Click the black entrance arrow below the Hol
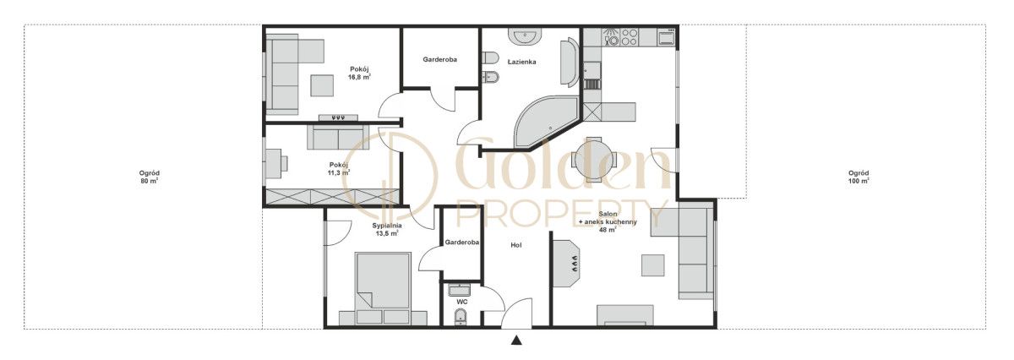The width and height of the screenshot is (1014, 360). [516, 340]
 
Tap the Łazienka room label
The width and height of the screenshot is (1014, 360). [521, 62]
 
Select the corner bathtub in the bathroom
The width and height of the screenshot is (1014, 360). [546, 123]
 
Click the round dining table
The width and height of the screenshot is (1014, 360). [593, 160]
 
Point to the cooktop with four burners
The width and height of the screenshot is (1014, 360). [628, 36]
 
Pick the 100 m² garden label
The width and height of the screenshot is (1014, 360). [859, 177]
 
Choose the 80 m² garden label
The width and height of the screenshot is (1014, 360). [150, 177]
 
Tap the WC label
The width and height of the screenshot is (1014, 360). [462, 302]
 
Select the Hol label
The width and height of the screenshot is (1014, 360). [516, 245]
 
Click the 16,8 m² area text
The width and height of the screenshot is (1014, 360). [359, 77]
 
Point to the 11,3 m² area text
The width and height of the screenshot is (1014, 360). [339, 172]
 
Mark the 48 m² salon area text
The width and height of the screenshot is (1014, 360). [608, 230]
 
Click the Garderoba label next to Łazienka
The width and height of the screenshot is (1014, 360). [440, 59]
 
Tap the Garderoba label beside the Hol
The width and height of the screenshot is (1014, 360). [461, 243]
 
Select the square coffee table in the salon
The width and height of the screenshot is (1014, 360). [652, 265]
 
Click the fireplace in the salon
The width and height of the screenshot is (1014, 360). [567, 263]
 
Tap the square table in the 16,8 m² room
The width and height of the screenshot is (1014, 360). [322, 85]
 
